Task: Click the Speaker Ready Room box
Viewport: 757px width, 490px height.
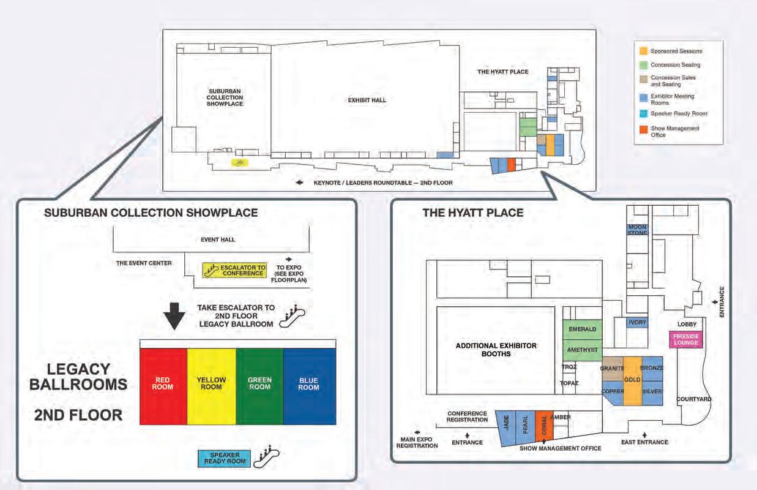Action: pyautogui.click(x=225, y=459)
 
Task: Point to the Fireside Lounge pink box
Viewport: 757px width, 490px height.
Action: pyautogui.click(x=686, y=339)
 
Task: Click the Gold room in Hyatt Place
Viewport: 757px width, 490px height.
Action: pyautogui.click(x=632, y=380)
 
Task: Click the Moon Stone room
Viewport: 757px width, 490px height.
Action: pyautogui.click(x=637, y=230)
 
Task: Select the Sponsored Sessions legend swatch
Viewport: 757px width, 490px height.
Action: pyautogui.click(x=643, y=51)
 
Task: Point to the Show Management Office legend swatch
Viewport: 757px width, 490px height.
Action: pyautogui.click(x=643, y=129)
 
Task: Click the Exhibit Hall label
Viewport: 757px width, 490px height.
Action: pyautogui.click(x=367, y=100)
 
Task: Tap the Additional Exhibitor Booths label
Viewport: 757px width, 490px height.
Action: pyautogui.click(x=496, y=350)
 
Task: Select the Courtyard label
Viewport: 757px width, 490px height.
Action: pyautogui.click(x=694, y=399)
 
